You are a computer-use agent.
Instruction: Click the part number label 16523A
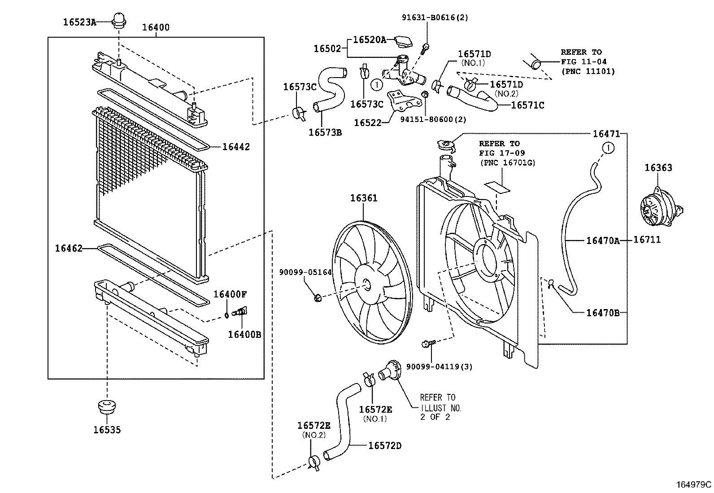(80, 22)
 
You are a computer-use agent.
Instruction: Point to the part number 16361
(364, 198)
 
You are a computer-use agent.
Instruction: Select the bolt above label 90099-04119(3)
(427, 345)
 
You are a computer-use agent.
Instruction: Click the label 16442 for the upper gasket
(236, 147)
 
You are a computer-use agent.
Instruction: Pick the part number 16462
(69, 248)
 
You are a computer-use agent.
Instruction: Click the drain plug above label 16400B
(242, 311)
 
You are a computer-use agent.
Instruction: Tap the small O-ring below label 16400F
(227, 314)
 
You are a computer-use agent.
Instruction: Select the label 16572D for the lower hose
(385, 445)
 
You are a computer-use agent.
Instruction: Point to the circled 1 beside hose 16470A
(608, 147)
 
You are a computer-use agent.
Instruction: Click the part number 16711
(647, 240)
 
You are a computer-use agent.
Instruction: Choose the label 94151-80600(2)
(433, 119)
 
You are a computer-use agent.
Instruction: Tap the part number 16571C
(527, 105)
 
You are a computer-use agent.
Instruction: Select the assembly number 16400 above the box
(156, 27)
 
